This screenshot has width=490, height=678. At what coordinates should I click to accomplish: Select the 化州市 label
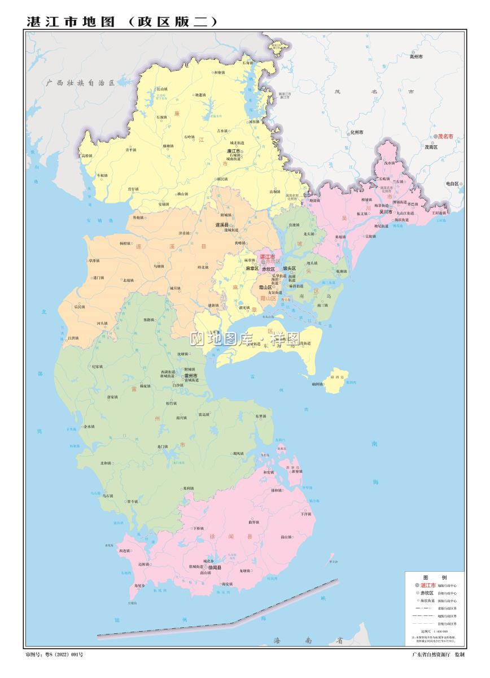356,132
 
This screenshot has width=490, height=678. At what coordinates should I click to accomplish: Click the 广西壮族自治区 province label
81,82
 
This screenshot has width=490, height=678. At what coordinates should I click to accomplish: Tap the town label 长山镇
161,89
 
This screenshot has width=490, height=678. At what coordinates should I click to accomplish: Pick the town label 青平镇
130,150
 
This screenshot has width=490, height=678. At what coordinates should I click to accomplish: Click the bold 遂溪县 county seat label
222,225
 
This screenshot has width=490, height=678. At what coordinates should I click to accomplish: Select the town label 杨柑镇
125,244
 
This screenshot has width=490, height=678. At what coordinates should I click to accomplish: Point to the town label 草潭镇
93,261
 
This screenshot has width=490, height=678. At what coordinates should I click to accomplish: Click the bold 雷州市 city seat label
191,375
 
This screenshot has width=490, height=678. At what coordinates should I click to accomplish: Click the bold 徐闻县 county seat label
215,567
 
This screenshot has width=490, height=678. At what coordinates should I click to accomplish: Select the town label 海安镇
227,584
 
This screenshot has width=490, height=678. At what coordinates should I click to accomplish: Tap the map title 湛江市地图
71,21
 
